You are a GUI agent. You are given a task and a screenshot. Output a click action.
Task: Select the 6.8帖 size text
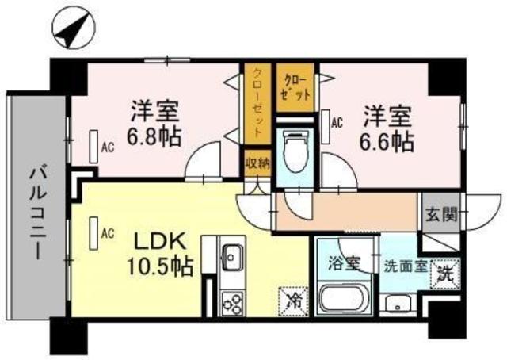click(x=154, y=138)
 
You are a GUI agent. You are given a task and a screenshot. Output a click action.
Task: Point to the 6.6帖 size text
click(x=387, y=143)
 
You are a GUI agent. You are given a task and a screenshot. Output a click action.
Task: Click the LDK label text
click(x=160, y=241)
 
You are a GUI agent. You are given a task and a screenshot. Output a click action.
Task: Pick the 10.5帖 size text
click(x=160, y=266)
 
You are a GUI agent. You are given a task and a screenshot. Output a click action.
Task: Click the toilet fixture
click(x=294, y=151)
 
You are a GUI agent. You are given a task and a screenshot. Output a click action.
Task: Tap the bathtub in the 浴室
click(x=344, y=297)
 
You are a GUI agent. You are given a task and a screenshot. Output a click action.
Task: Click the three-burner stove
click(x=233, y=304)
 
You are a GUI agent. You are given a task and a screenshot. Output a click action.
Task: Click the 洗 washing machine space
click(x=445, y=274)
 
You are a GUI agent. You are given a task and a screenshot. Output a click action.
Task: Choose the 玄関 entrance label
click(x=440, y=214)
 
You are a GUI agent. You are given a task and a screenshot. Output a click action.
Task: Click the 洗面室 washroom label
click(x=406, y=267)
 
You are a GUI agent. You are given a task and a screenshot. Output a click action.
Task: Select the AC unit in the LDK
click(x=93, y=233)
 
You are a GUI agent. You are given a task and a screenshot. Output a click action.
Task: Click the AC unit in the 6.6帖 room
click(x=326, y=127)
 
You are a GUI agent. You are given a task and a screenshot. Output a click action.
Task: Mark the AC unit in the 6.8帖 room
click(x=93, y=147)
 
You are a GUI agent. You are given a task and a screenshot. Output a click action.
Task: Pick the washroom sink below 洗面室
click(x=395, y=305)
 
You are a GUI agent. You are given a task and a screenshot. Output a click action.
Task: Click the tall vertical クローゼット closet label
click(x=257, y=102)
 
